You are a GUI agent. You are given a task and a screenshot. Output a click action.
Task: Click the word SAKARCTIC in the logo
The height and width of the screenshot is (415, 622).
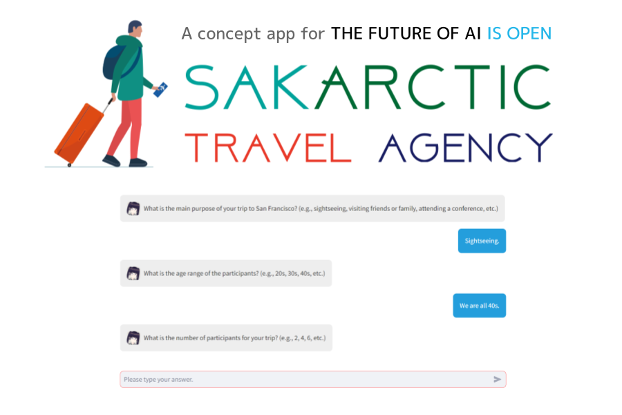(x=368, y=87)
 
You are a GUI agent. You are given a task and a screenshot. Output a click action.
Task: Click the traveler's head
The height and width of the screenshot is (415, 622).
(x=135, y=29)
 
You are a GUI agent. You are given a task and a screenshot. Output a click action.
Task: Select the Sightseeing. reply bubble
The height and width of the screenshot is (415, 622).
(x=482, y=241)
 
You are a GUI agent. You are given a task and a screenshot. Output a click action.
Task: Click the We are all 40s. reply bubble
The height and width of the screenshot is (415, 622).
(x=479, y=305)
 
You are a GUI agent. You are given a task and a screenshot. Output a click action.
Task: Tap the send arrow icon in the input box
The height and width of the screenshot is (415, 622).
(x=497, y=379)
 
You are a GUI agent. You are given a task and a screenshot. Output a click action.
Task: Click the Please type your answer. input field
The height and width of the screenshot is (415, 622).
(x=304, y=379)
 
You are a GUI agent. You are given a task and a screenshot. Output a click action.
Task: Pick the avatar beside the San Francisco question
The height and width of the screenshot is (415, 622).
(x=133, y=208)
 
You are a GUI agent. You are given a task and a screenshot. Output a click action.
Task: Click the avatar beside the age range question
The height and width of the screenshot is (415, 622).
(x=133, y=273)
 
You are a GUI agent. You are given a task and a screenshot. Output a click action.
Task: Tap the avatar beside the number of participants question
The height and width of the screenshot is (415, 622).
(x=133, y=338)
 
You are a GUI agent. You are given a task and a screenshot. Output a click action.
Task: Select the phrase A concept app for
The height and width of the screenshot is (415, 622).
(x=253, y=33)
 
